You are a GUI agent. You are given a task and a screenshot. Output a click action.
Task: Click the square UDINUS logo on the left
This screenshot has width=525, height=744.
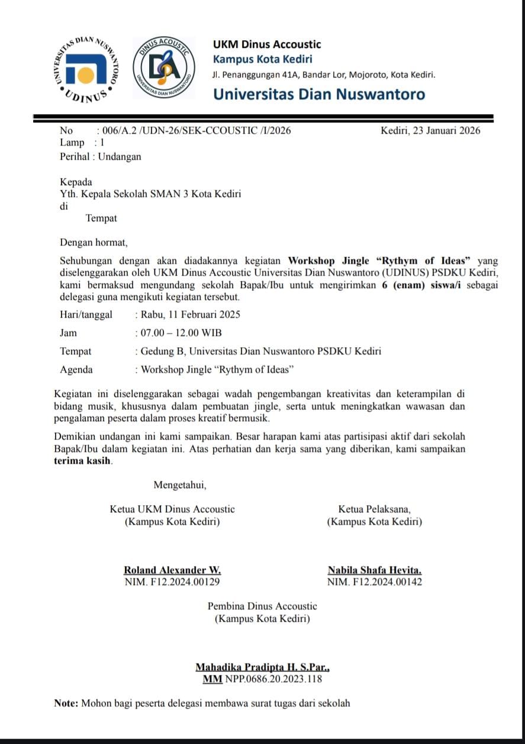click(88, 68)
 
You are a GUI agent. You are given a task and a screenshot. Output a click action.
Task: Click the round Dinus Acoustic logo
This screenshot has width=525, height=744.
click(163, 67)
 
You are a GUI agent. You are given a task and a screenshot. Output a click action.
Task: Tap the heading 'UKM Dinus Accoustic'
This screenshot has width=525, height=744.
click(267, 44)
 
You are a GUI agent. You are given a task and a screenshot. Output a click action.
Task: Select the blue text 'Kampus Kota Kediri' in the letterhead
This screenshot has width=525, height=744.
click(262, 59)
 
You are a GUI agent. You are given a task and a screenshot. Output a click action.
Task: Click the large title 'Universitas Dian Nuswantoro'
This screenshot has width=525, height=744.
click(318, 94)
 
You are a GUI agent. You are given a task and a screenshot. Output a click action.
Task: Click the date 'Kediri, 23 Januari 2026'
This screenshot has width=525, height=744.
click(430, 131)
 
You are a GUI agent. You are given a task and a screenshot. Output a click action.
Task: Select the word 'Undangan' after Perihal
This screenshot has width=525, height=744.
click(120, 157)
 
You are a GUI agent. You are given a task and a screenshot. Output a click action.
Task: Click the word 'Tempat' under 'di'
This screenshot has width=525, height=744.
click(101, 218)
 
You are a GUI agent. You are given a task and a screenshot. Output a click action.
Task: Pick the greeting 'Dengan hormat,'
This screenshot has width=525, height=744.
click(94, 242)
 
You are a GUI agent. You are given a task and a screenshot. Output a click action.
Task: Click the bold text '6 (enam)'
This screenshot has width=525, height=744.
click(401, 284)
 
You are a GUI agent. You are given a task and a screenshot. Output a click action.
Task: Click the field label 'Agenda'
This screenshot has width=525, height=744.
click(76, 370)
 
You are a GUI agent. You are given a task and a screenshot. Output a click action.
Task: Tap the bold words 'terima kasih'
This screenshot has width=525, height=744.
click(86, 461)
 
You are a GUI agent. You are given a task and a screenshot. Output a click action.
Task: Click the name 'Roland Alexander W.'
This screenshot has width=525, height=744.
click(172, 571)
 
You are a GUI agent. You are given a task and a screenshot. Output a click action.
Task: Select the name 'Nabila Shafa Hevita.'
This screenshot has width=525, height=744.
click(375, 571)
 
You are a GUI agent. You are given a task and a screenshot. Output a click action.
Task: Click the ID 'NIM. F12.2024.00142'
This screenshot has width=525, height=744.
click(375, 582)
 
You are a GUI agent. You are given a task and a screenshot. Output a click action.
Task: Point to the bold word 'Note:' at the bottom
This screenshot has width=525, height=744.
click(66, 703)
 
